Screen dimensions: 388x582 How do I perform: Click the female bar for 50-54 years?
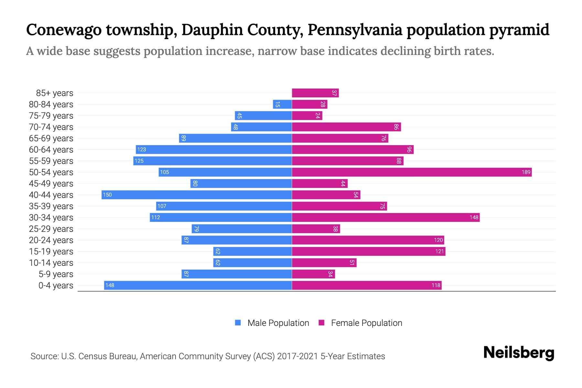coord(412,172)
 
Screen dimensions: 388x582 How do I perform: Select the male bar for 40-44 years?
coord(197,195)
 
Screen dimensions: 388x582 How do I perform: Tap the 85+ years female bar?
coord(315,93)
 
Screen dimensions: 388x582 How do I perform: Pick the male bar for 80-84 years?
coord(282,104)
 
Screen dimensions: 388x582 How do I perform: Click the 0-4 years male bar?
coord(198,285)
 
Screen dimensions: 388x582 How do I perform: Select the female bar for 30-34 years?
coord(386,217)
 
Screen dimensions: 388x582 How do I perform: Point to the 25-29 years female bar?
coord(316,229)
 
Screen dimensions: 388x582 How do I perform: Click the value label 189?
coord(526,172)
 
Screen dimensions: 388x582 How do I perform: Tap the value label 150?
coord(107,195)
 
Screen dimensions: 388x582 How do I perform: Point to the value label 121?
coord(439,251)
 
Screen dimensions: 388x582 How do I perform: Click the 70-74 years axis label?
coord(51,127)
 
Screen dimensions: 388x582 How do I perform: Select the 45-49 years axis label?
coord(51,183)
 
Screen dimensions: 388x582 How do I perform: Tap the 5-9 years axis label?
coord(56,274)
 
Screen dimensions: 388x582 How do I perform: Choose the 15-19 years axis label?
coord(51,251)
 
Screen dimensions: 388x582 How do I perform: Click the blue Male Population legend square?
coord(238,323)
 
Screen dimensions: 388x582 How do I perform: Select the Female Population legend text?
coord(366,323)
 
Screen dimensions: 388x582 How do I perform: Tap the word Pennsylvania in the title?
coord(355,30)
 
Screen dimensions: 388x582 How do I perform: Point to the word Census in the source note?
coord(93,356)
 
